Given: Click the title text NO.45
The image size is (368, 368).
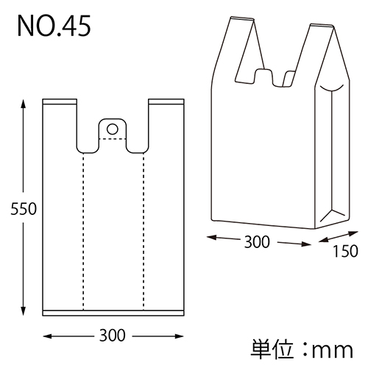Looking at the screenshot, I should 54,27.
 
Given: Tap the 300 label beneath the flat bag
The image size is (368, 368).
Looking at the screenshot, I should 112,335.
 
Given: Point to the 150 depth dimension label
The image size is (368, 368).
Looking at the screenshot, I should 344,251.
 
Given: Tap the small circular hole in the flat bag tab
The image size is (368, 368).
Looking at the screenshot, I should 112,129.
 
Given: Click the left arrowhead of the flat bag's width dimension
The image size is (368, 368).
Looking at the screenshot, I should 48,336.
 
